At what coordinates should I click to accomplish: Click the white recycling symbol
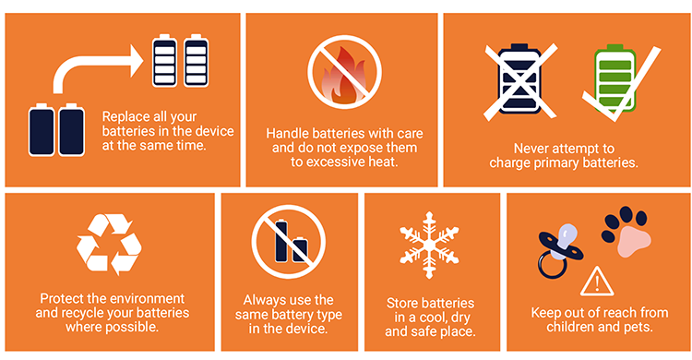pyautogui.click(x=109, y=244)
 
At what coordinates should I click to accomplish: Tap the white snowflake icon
pyautogui.click(x=429, y=246)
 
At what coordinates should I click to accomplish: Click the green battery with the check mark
pyautogui.click(x=614, y=78)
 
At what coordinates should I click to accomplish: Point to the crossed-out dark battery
pyautogui.click(x=519, y=79)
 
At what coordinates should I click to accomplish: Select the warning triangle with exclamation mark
pyautogui.click(x=597, y=282)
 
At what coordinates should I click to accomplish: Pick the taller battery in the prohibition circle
pyautogui.click(x=281, y=240)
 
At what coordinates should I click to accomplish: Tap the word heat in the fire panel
pyautogui.click(x=384, y=162)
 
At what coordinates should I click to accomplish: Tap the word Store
pyautogui.click(x=401, y=303)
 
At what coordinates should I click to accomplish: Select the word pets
pyautogui.click(x=639, y=328)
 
